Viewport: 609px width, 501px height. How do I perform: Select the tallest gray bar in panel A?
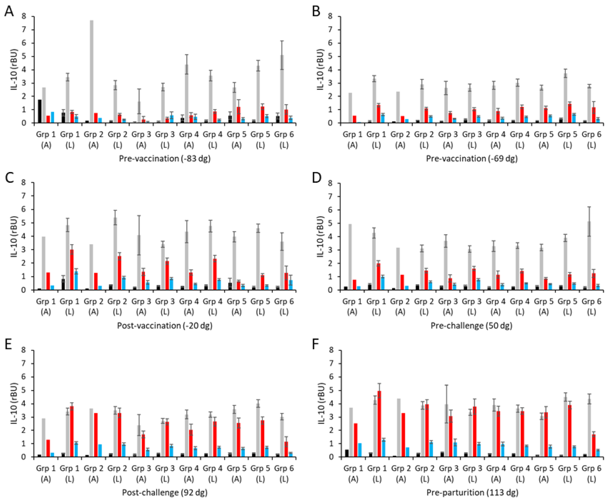click(92, 72)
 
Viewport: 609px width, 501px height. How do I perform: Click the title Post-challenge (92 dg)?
click(165, 492)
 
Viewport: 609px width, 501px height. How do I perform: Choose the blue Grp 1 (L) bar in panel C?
click(76, 281)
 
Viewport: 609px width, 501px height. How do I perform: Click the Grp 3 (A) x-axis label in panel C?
click(141, 306)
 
